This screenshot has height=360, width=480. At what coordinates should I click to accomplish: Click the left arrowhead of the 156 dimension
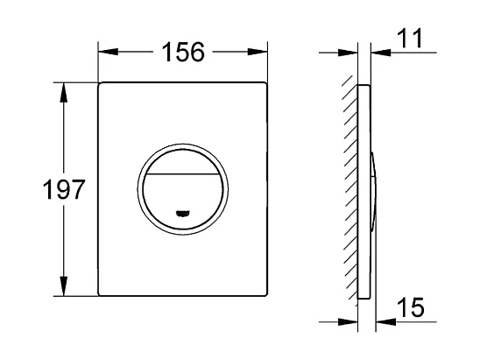click(x=104, y=52)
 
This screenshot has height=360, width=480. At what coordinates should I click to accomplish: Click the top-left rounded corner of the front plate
click(x=101, y=86)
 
